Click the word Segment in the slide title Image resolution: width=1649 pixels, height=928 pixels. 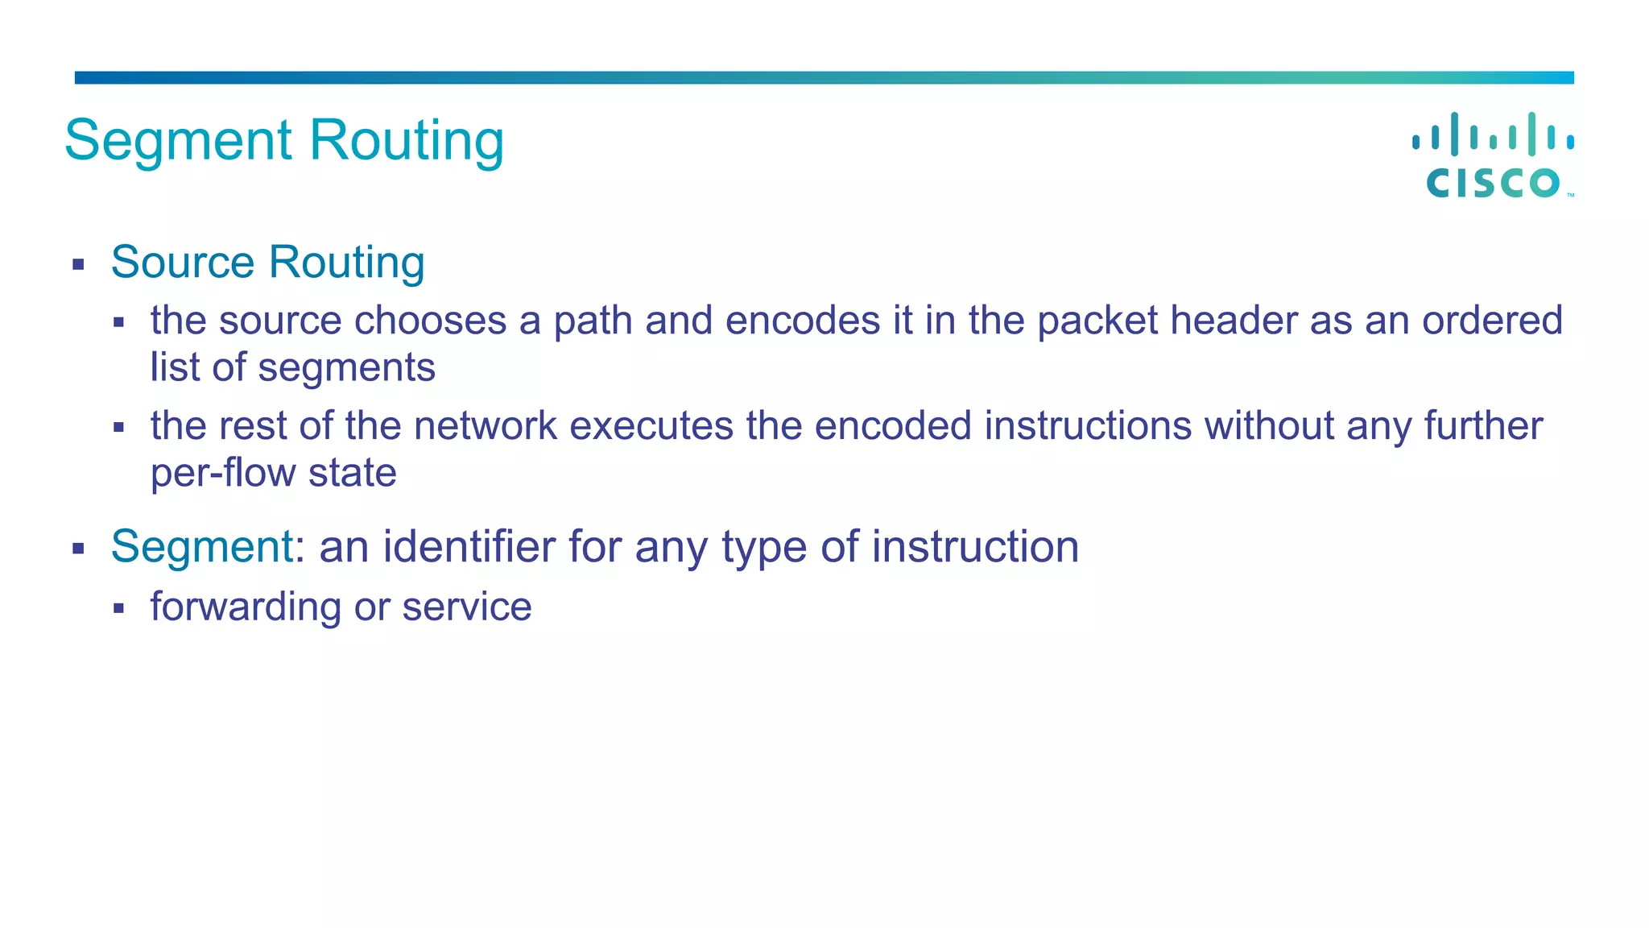click(x=177, y=142)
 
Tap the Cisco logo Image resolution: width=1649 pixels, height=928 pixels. click(x=1493, y=155)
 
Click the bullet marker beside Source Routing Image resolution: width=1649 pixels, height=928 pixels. click(x=78, y=264)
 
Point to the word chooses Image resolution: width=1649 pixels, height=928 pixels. click(x=431, y=321)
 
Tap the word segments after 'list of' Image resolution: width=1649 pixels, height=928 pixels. click(x=346, y=368)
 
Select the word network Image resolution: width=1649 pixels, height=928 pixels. click(x=485, y=426)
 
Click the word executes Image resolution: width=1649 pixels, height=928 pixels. click(x=651, y=426)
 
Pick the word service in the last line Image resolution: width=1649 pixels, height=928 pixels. click(x=467, y=607)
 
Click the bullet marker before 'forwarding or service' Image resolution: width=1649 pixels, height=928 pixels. click(x=118, y=608)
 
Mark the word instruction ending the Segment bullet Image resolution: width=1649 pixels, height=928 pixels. click(x=975, y=547)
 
